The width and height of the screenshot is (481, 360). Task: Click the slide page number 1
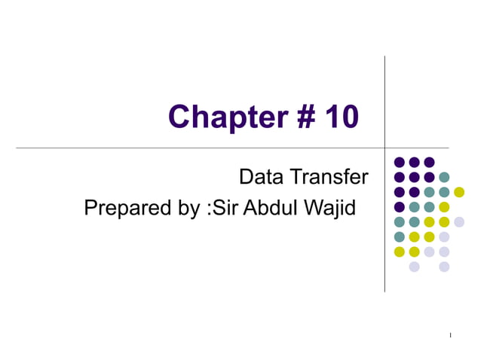450,334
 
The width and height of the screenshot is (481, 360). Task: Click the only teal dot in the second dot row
444,177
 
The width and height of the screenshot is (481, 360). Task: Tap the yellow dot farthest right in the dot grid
459,192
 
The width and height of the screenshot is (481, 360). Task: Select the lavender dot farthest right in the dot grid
459,221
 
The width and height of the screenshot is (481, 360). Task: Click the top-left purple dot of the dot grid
400,162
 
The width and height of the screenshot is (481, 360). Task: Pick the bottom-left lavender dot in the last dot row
414,266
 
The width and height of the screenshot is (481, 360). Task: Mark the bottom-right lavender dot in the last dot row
444,266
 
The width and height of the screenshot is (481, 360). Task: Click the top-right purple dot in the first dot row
429,162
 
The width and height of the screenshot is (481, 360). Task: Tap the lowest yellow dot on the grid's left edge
400,252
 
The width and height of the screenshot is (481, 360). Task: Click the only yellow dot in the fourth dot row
444,207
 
